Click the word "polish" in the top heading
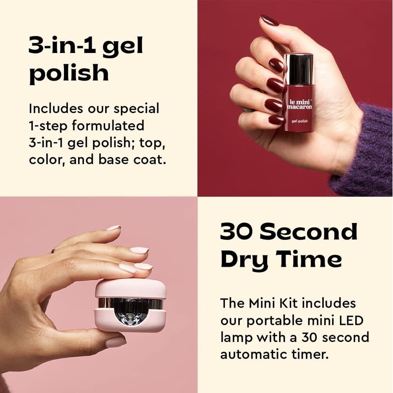[69, 73]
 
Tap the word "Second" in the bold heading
[310, 231]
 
